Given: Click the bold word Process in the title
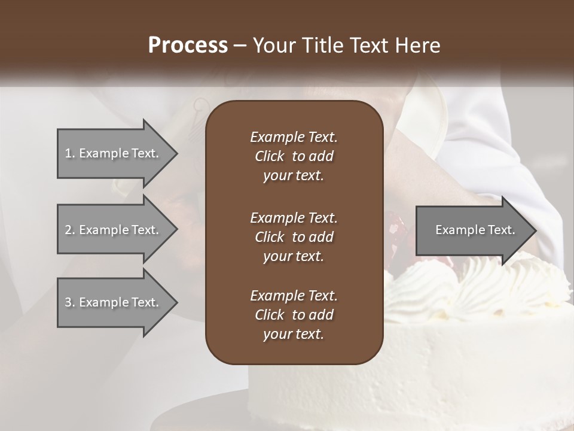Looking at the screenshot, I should point(188,45).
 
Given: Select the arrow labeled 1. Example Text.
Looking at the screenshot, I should point(114,153).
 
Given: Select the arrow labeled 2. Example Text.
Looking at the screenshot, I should point(114,230).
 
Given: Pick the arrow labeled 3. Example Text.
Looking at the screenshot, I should point(114,302).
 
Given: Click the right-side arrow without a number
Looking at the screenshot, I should point(472,230).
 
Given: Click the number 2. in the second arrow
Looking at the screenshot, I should point(69,230).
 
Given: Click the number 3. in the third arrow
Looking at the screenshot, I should point(69,302).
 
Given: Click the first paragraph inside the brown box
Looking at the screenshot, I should point(294,156).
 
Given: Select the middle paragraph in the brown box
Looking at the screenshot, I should point(294,236).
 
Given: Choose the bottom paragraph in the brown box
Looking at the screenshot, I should point(294,315).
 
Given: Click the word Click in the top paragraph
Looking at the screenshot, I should point(270,156).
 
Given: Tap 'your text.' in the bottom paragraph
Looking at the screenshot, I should point(294,335).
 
